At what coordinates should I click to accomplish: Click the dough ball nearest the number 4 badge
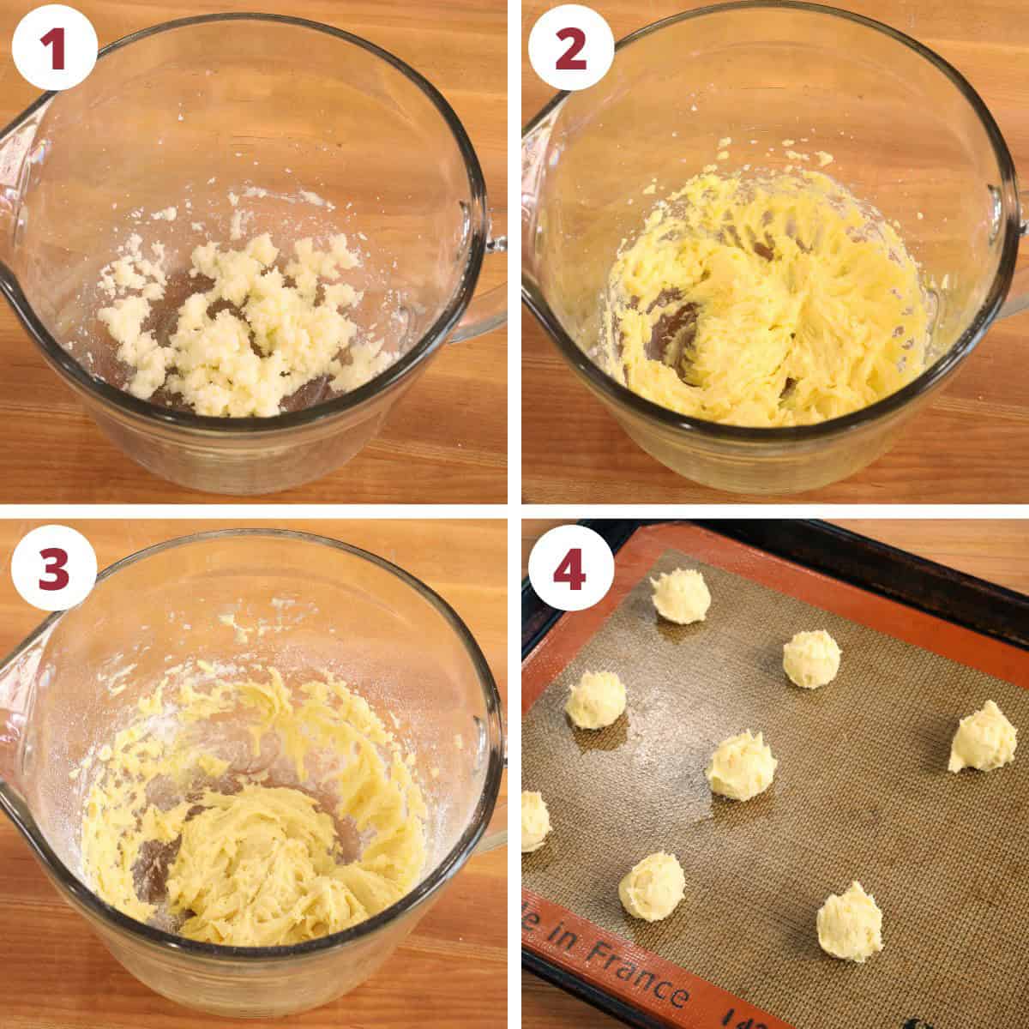pos(680,595)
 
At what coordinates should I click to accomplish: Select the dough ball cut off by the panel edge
pos(534,821)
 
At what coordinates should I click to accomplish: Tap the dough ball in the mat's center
pos(741,765)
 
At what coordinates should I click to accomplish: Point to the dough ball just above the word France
pos(652,886)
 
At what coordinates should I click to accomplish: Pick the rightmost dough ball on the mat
pos(982,737)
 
